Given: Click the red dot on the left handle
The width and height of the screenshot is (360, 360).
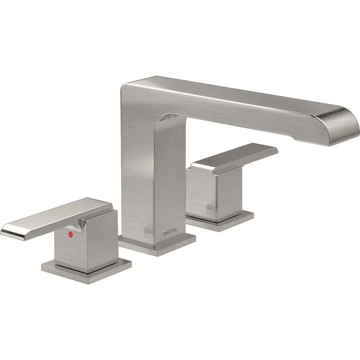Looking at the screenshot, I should click(70, 236).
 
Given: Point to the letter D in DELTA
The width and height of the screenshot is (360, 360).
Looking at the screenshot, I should click(165, 232).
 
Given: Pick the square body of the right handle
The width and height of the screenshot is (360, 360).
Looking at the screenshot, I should click(218, 193).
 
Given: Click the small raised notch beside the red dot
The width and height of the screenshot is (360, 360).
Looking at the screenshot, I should click(82, 224).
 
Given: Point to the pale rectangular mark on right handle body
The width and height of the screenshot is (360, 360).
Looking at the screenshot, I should click(210, 208).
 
